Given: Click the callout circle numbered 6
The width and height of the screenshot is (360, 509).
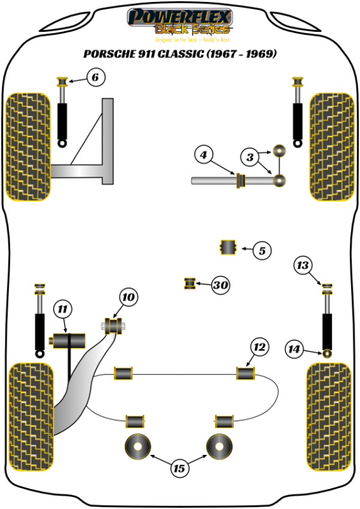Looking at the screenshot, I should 95,77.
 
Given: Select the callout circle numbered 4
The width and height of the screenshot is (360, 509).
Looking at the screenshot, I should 203,156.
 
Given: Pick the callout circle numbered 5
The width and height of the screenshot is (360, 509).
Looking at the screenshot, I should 262,251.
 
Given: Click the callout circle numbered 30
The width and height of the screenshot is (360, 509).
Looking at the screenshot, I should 221,286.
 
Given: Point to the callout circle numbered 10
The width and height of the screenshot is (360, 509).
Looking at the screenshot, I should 129,297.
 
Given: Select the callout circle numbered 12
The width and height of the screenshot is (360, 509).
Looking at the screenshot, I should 259,347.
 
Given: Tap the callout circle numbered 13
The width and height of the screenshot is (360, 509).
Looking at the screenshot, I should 304,264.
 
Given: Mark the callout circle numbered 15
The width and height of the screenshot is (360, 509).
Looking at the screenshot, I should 179,468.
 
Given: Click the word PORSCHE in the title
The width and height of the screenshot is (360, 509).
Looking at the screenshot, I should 108,54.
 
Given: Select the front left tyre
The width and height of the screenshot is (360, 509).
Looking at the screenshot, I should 28,146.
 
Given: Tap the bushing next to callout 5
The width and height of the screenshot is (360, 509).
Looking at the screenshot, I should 228,247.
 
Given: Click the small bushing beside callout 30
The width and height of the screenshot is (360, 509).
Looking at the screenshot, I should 190,283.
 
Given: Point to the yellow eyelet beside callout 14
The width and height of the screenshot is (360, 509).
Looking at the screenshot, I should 327,352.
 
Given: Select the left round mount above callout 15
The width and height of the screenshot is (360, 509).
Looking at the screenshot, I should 137,446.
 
